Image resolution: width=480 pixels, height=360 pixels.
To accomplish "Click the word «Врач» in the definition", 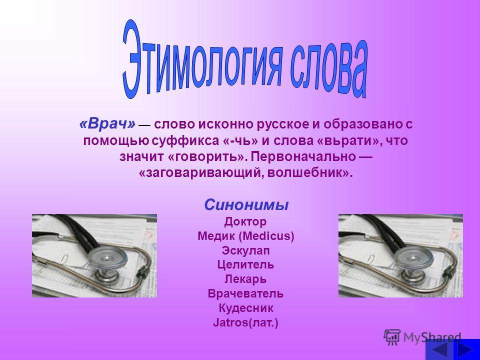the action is coord(107,124).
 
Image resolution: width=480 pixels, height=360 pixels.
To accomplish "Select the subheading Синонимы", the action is coord(246,205).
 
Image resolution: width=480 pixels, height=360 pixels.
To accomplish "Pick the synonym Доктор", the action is coord(245,221).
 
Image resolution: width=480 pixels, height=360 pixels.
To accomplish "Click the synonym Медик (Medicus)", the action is coord(246,236).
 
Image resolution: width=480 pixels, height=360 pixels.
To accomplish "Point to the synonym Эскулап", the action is coord(246,250).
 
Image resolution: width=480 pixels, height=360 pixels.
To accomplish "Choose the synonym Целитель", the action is coord(245,264).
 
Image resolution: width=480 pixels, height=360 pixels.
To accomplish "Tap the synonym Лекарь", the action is coord(245,279).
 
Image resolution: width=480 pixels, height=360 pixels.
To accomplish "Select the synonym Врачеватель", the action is coord(245,293).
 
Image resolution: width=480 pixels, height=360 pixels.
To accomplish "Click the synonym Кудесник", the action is coord(246,308).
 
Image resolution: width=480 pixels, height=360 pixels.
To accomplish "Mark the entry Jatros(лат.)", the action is coord(245,322).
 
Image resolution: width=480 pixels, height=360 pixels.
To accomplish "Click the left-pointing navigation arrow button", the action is coord(438,350).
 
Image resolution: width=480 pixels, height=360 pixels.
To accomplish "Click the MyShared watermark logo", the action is coord(422,337).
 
